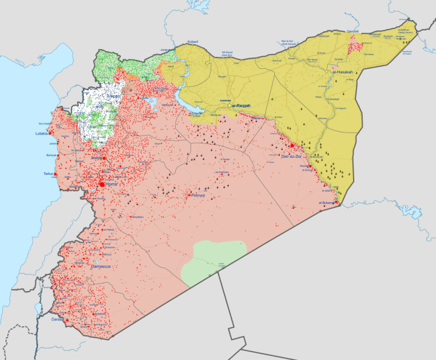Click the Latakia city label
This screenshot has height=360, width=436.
click(42, 133)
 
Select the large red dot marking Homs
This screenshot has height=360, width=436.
click(101, 183)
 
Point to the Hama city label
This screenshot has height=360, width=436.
click(95, 158)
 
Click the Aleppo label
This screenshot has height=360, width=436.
click(113, 96)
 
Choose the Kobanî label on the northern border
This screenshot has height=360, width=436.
click(193, 41)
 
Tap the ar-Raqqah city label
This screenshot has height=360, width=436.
click(242, 105)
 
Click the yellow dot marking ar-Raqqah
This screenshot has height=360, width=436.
click(230, 105)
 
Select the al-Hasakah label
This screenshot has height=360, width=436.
click(342, 72)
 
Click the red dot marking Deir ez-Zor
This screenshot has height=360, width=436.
click(292, 146)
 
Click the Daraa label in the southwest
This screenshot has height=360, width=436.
click(57, 319)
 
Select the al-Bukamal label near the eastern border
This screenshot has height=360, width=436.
click(327, 203)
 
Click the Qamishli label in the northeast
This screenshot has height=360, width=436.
click(352, 31)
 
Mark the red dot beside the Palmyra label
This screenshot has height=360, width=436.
click(188, 195)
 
